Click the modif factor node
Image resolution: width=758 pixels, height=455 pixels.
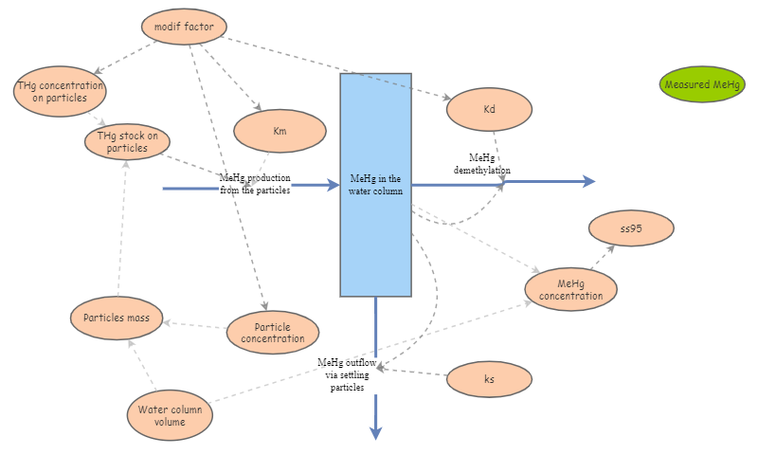tap(184, 27)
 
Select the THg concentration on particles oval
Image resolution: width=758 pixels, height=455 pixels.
tap(60, 91)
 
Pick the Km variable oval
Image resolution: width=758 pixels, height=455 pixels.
tap(280, 132)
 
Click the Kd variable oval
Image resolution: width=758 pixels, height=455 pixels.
tap(489, 110)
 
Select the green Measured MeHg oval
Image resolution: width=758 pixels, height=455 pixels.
tap(702, 84)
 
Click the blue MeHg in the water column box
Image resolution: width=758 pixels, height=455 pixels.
tap(375, 185)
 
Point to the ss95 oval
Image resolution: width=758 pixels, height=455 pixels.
tap(631, 228)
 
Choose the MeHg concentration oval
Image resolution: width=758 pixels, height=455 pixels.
tap(570, 289)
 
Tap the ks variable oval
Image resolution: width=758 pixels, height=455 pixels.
tap(489, 379)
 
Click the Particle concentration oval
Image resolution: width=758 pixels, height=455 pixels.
tap(273, 333)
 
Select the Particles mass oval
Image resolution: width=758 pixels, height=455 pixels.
tap(117, 317)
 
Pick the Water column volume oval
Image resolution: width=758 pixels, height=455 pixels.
tap(170, 415)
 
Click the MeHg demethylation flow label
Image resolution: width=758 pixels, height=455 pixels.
tap(489, 163)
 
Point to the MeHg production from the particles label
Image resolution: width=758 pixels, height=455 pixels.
tap(255, 183)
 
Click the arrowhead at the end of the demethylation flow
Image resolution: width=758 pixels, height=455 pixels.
tap(588, 181)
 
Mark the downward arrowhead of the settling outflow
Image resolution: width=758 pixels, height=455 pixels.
tap(376, 432)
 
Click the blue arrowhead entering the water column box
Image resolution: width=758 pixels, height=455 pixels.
tap(333, 186)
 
